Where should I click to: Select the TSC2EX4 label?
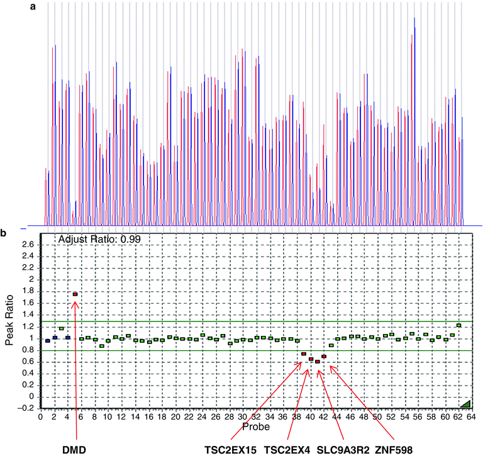[x=286, y=450]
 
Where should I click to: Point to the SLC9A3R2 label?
[x=343, y=450]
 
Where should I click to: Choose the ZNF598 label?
[x=394, y=450]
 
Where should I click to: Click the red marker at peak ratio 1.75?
[x=75, y=294]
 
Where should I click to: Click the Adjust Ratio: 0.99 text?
[x=99, y=240]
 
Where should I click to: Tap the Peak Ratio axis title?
[x=8, y=321]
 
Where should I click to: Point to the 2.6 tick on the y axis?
[x=28, y=244]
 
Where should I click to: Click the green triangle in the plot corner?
[x=465, y=403]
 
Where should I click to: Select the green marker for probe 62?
[x=459, y=325]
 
